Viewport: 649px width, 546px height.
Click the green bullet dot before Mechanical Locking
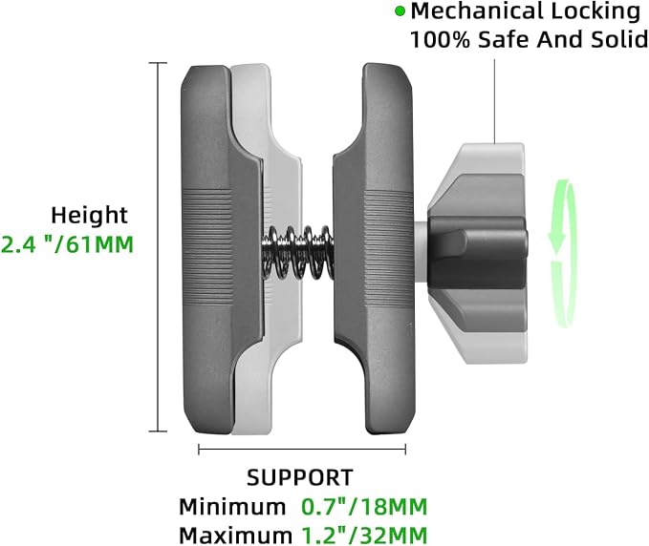tap(400, 11)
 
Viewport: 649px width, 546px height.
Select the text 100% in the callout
tap(440, 40)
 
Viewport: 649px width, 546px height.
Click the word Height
tap(90, 216)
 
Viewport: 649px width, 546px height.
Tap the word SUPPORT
tap(300, 478)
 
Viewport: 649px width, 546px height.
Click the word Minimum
tap(232, 507)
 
